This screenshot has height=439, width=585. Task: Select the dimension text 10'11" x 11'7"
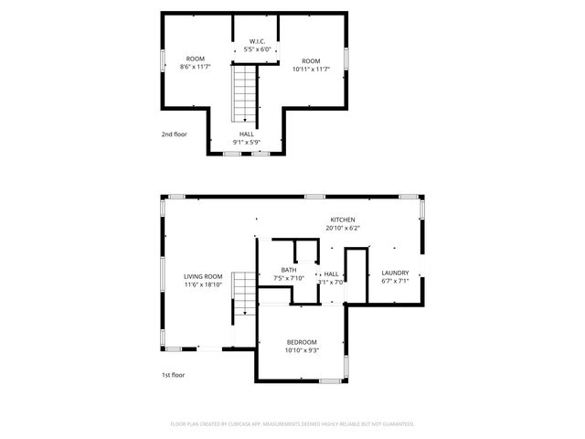click(x=311, y=68)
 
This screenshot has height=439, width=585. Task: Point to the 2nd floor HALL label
click(x=248, y=134)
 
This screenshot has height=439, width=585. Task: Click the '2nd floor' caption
click(x=174, y=134)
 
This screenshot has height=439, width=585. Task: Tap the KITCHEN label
click(x=343, y=220)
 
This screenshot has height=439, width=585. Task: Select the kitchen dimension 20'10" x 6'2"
click(x=343, y=229)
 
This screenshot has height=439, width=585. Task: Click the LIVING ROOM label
click(x=203, y=276)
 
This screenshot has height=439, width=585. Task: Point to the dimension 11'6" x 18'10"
click(x=203, y=284)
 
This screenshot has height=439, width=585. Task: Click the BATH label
click(x=289, y=270)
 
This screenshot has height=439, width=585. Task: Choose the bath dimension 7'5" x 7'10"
click(x=289, y=278)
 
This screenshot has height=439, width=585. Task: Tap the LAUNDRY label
click(x=395, y=273)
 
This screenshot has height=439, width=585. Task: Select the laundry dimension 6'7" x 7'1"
click(x=395, y=281)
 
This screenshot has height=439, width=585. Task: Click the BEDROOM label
click(x=302, y=342)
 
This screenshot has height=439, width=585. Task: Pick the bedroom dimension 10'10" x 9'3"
click(x=302, y=350)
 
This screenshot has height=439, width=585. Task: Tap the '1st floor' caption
click(x=174, y=375)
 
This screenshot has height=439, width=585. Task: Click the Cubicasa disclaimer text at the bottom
click(x=292, y=424)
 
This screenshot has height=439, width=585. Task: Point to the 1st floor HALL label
click(x=331, y=273)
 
